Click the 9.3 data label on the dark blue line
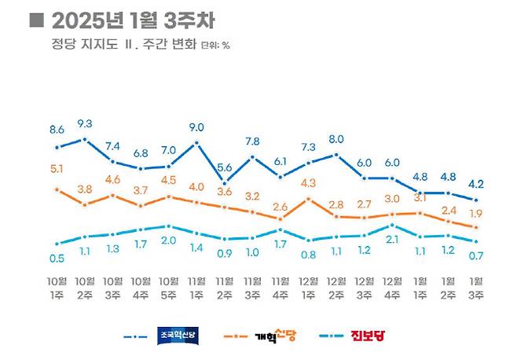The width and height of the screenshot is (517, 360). coord(85,123)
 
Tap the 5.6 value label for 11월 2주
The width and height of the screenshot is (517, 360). coord(225,167)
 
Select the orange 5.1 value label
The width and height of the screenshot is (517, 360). coord(57,167)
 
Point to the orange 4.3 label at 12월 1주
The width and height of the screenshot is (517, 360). coord(309,183)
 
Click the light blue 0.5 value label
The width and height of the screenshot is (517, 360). coord(57,258)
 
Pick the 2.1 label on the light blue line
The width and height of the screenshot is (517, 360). coord(392,239)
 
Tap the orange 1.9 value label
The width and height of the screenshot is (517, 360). coord(476,213)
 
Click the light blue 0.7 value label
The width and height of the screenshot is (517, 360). coord(476,255)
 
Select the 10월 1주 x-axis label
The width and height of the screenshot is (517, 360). coord(57,286)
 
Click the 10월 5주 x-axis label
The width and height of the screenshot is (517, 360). coord(169,286)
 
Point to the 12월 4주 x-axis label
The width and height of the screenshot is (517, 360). coord(392,286)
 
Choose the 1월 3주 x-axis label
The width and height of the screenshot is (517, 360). coord(476,286)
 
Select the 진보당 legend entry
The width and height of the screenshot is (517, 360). coord(372,336)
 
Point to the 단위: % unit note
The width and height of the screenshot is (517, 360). coord(216,46)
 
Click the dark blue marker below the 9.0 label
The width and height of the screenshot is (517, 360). coord(197,143)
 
